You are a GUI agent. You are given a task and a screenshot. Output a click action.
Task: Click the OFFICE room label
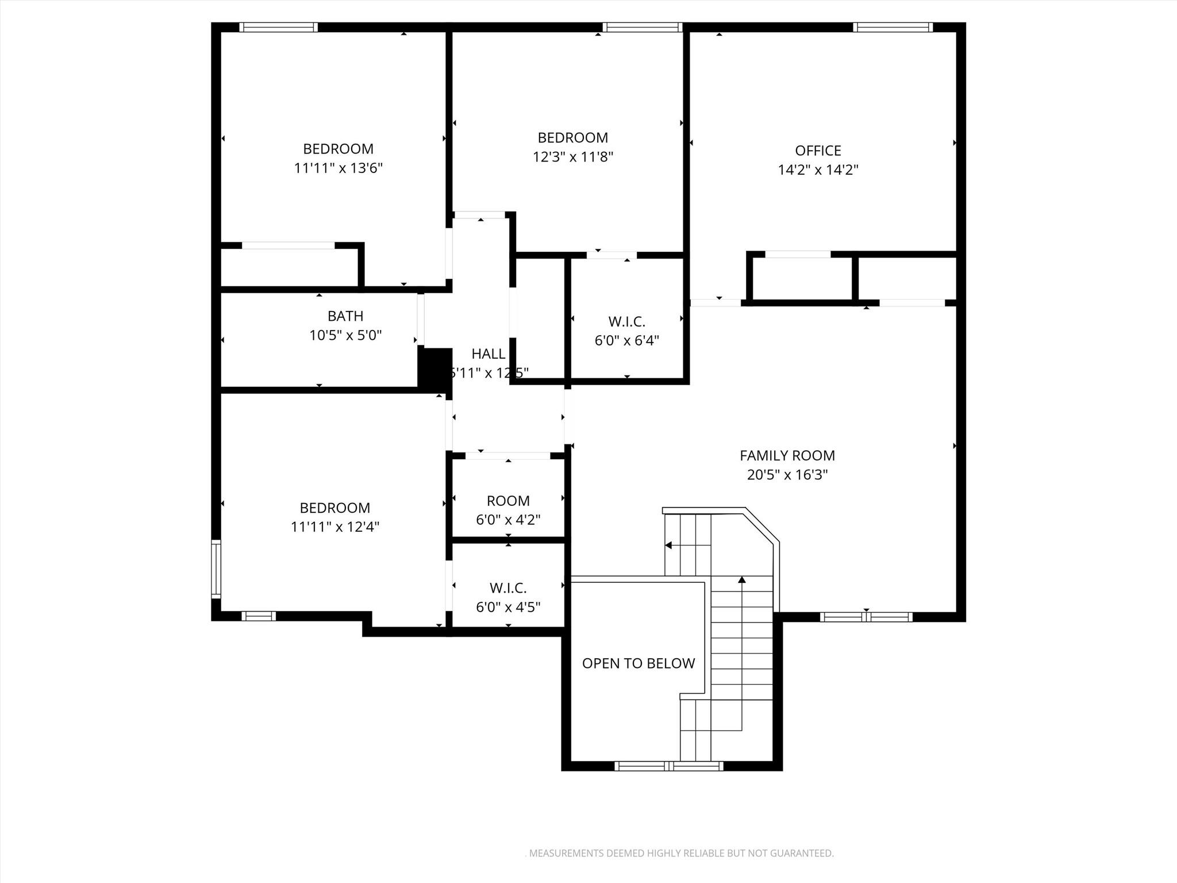[x=818, y=151]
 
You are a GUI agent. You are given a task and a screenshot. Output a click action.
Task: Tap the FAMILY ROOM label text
[x=787, y=456]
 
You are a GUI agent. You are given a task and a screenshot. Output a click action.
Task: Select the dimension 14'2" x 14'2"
[x=818, y=170]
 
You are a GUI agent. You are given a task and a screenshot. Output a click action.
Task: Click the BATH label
[x=345, y=316]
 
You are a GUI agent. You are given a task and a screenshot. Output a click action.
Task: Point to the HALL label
[x=489, y=354]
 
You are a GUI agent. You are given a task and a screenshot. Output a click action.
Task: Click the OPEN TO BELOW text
[x=638, y=663]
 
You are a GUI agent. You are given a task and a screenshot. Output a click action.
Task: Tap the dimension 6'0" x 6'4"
[x=626, y=341]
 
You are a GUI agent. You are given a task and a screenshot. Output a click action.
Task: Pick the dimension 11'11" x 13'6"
[x=338, y=168]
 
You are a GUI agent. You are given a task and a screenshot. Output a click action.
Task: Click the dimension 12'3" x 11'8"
[x=572, y=157]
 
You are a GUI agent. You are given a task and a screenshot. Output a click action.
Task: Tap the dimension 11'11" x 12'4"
[x=334, y=527]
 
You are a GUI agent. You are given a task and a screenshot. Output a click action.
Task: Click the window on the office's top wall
[x=893, y=27]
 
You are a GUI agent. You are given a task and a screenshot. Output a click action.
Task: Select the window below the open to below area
[x=668, y=766]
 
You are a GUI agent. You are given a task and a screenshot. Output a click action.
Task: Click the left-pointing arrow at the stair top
[x=668, y=545]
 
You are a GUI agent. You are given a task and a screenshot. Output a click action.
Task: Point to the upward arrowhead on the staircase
[x=742, y=580]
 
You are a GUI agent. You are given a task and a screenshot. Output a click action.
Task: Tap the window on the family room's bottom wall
[x=866, y=617]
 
